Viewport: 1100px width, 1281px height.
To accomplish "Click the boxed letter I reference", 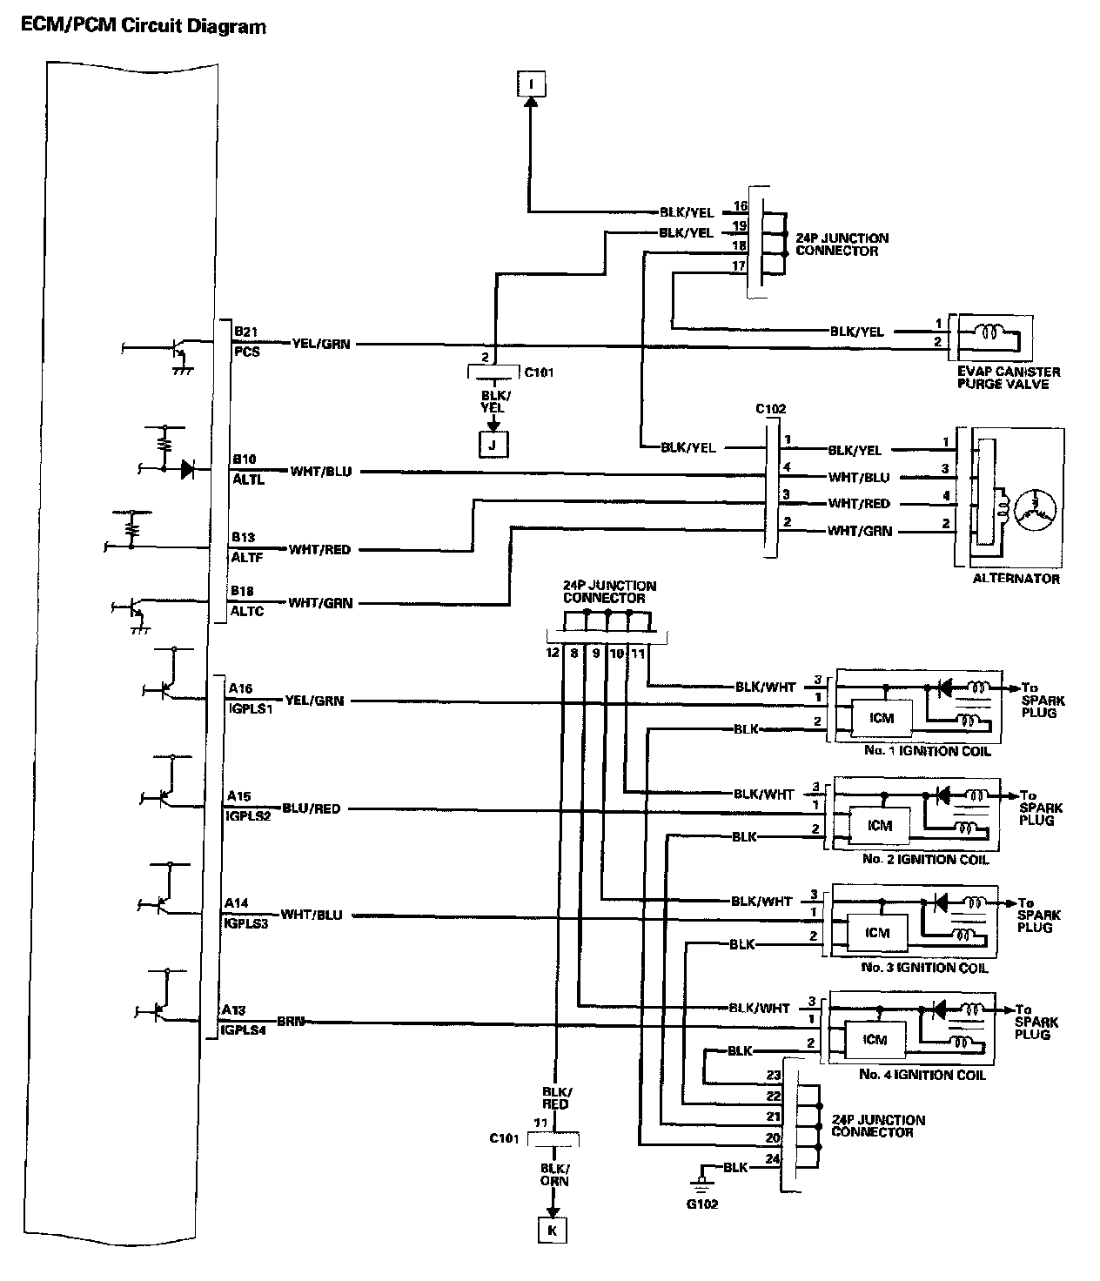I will pos(533,84).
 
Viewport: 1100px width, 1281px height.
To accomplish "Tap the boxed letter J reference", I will pos(493,446).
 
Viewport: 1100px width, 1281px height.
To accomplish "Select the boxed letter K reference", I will pos(550,1231).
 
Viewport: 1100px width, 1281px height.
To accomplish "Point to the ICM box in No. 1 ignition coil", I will pos(882,718).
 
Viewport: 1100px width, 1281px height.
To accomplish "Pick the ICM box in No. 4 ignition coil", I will pos(875,1039).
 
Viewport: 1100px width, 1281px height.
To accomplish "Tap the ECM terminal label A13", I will pos(233,1010).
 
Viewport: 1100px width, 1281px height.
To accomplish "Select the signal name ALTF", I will pos(248,557).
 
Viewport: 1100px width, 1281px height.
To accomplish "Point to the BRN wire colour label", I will pos(290,1021).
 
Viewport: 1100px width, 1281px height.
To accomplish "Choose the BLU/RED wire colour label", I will pos(311,808).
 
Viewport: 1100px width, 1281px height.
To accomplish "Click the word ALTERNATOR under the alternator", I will pos(1016,579).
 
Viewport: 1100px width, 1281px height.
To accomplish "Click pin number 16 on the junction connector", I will pos(740,206).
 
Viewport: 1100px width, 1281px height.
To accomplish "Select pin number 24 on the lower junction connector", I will pos(772,1158).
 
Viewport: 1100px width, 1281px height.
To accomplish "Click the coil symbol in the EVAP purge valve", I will pos(991,332).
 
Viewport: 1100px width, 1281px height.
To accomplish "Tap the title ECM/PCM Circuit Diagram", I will pos(144,26).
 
